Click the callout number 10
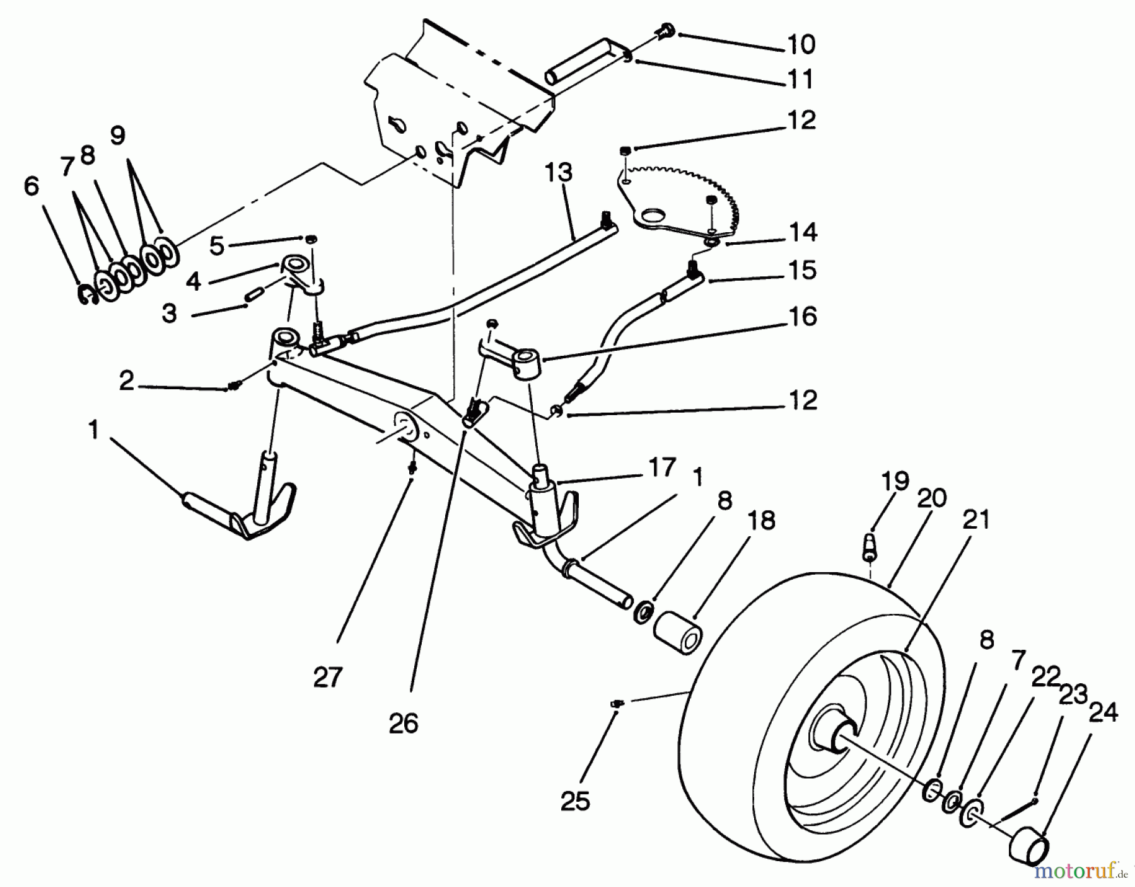[x=801, y=45]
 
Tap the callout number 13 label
[x=559, y=172]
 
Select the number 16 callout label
[x=803, y=316]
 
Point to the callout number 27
[x=328, y=678]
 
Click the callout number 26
[x=404, y=724]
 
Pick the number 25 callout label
[x=574, y=801]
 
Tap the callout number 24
[x=1103, y=713]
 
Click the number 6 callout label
[x=31, y=187]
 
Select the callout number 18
[x=762, y=521]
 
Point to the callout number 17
[x=661, y=469]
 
